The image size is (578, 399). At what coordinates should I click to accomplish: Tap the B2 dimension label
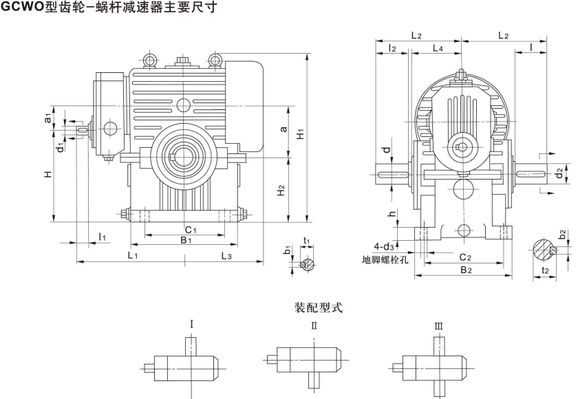click(465, 270)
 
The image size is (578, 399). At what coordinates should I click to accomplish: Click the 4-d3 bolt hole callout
click(384, 246)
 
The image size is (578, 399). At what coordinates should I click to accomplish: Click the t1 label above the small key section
click(307, 240)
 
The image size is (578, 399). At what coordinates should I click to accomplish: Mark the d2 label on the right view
click(559, 172)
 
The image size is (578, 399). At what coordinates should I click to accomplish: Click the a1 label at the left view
click(47, 118)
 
